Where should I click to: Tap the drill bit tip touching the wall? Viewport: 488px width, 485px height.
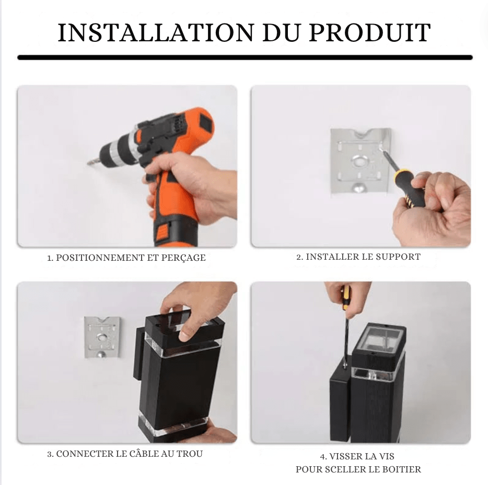point(89,163)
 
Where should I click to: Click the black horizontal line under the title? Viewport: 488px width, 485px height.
point(245,57)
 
